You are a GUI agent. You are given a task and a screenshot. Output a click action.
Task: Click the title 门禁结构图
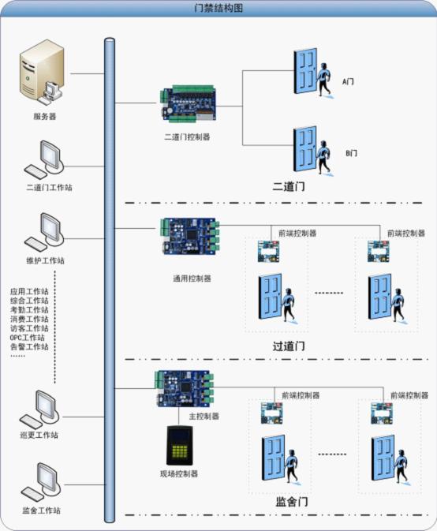tap(218, 8)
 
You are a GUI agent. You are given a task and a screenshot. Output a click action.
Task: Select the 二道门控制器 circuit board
tap(189, 103)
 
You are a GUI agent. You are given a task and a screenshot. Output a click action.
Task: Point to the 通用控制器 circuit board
tap(190, 236)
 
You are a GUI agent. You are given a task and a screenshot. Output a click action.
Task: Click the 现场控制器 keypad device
tap(179, 445)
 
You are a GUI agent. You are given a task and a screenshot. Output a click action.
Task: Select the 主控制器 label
tap(204, 416)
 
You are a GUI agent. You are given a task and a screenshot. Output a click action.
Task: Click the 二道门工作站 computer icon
tap(44, 159)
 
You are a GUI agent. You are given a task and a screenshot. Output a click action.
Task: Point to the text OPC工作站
tap(28, 338)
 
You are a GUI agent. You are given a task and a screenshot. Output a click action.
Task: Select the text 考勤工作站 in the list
tap(29, 310)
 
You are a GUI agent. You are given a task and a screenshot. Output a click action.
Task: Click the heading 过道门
tap(289, 346)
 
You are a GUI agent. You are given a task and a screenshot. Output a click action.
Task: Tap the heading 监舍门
tap(292, 502)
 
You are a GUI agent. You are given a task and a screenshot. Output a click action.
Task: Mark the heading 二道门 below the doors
tap(289, 186)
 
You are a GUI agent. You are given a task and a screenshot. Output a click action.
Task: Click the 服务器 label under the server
tap(45, 117)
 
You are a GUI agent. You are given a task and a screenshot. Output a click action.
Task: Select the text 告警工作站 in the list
tap(29, 347)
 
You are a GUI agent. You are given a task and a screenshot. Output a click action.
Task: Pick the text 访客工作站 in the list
tap(29, 328)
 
